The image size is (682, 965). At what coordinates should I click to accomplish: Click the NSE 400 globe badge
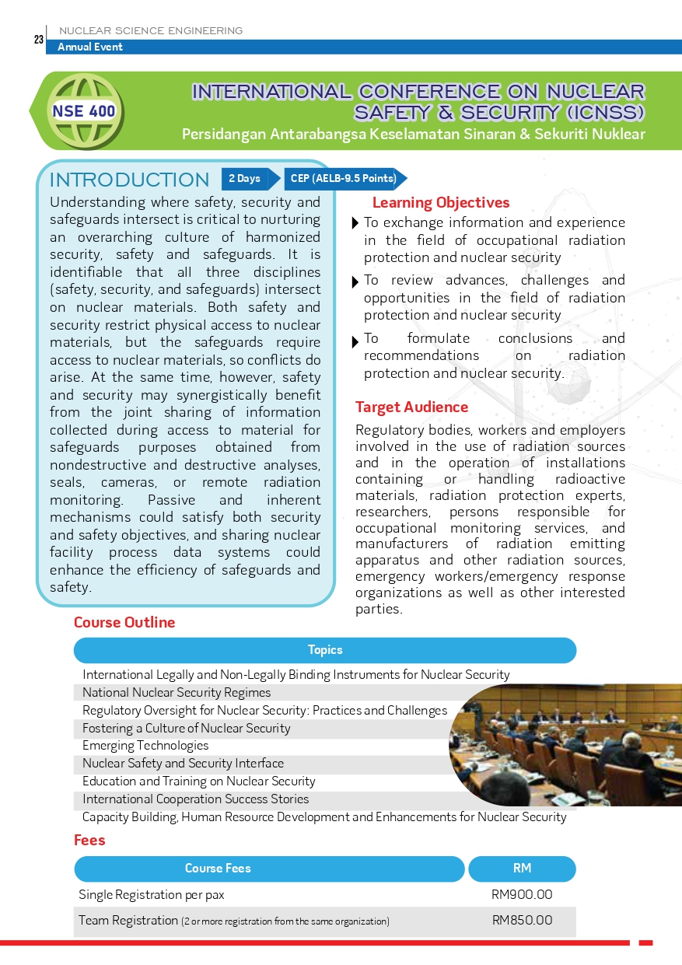coord(84,110)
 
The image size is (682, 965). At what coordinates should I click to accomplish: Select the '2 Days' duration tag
coord(245,179)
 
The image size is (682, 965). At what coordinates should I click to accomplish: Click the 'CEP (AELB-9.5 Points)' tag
coord(343,179)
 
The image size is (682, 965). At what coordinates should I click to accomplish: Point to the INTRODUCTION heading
coord(129,180)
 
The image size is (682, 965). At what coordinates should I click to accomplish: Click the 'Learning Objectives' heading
coord(440,203)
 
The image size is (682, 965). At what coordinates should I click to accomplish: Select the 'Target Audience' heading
coord(411,407)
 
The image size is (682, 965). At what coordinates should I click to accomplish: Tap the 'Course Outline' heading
coord(124,622)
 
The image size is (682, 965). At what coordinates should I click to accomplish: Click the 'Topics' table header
coord(325,650)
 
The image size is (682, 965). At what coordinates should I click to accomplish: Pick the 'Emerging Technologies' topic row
coord(145,746)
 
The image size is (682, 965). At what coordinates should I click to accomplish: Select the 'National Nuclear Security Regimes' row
coord(177,692)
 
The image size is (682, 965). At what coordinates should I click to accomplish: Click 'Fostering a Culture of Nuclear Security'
coord(186,728)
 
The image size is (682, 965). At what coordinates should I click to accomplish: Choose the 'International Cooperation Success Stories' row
coord(195,799)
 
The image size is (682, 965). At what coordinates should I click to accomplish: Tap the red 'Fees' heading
coord(89,840)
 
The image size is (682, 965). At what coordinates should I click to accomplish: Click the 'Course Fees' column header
coord(218,869)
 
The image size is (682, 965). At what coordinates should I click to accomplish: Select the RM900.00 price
coord(522,895)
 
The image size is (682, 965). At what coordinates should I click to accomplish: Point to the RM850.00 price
coord(522,921)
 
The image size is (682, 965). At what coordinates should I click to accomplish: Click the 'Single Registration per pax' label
coord(152,895)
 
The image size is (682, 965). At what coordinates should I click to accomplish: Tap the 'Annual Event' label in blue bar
coord(90,47)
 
